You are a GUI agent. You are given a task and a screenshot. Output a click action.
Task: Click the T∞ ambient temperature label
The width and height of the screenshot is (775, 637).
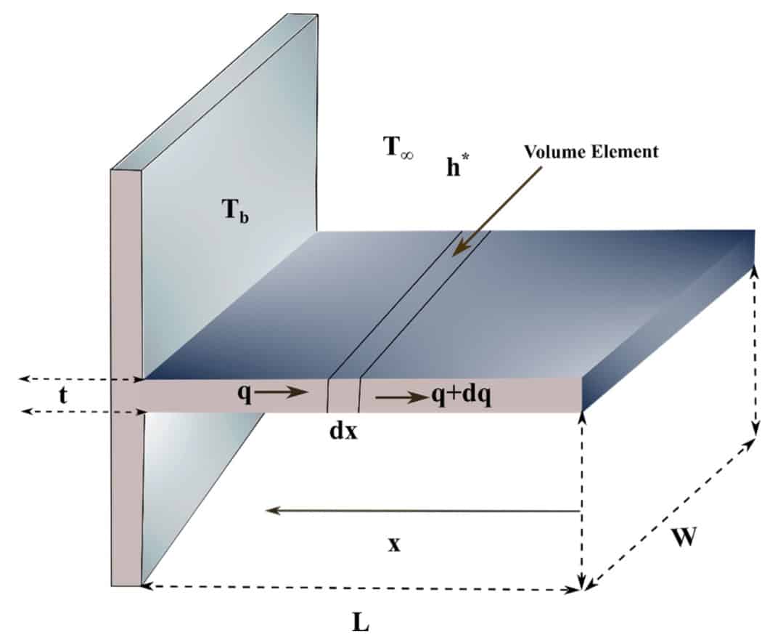(x=398, y=147)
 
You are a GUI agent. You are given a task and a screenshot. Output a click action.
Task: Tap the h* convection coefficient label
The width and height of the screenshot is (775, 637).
(x=457, y=166)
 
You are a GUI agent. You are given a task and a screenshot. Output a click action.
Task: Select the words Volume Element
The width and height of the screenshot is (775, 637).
(x=591, y=151)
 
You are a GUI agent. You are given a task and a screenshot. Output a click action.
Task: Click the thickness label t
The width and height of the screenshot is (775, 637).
(x=62, y=396)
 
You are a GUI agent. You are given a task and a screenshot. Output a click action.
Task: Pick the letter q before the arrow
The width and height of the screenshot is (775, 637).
(x=245, y=393)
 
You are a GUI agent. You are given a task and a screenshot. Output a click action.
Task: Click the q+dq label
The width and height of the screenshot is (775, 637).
(x=462, y=395)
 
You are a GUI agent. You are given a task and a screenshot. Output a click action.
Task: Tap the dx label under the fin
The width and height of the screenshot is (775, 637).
(x=343, y=431)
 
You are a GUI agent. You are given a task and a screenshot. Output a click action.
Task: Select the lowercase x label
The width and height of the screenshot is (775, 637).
(x=394, y=545)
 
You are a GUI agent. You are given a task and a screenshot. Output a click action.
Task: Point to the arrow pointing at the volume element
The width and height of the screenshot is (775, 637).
(x=497, y=211)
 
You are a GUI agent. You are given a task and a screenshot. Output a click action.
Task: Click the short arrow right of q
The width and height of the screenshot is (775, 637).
(x=281, y=393)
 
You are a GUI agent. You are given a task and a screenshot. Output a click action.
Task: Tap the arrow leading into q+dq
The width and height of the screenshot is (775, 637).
(x=402, y=397)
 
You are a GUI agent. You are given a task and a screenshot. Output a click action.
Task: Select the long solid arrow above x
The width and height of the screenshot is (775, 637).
(x=422, y=511)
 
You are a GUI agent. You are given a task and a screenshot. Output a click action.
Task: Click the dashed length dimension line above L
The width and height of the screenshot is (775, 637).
(x=361, y=588)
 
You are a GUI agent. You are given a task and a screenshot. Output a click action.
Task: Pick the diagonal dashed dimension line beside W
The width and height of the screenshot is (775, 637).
(x=670, y=514)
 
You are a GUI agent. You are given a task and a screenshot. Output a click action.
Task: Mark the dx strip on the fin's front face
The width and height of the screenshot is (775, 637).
(x=343, y=395)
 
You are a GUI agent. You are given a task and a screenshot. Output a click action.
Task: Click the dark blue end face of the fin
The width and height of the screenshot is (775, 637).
(x=668, y=320)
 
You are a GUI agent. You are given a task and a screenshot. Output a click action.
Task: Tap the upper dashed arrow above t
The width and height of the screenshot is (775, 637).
(x=81, y=379)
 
